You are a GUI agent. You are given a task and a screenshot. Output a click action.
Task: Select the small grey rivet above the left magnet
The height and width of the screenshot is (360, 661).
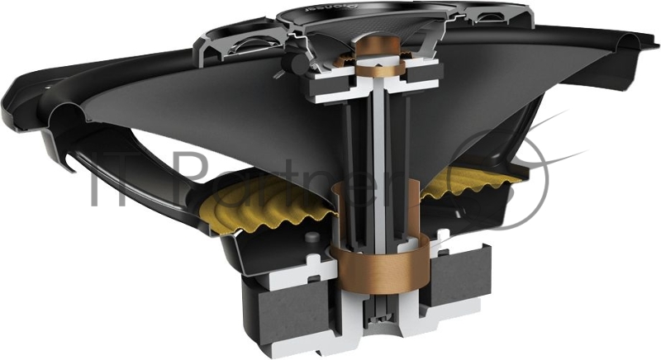click(x=311, y=239)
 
